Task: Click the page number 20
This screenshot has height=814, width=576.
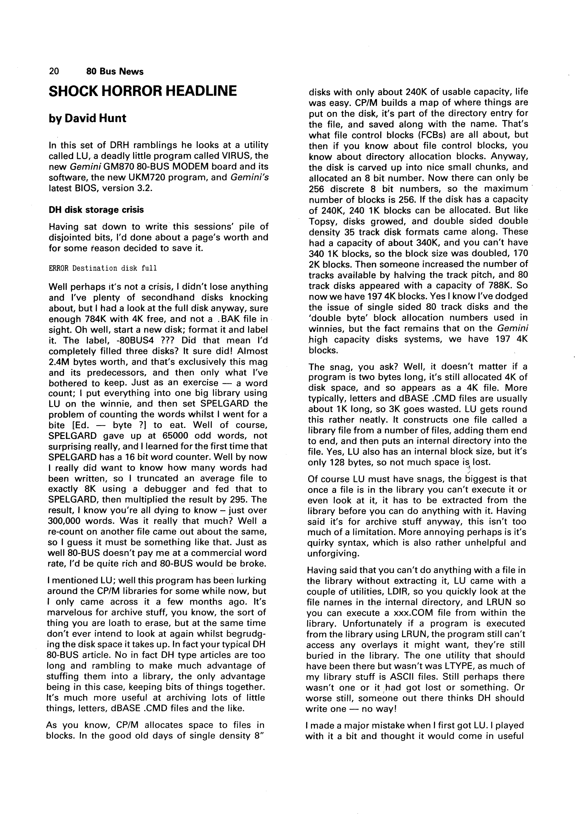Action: pyautogui.click(x=54, y=72)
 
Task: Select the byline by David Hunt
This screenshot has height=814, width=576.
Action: pyautogui.click(x=87, y=118)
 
